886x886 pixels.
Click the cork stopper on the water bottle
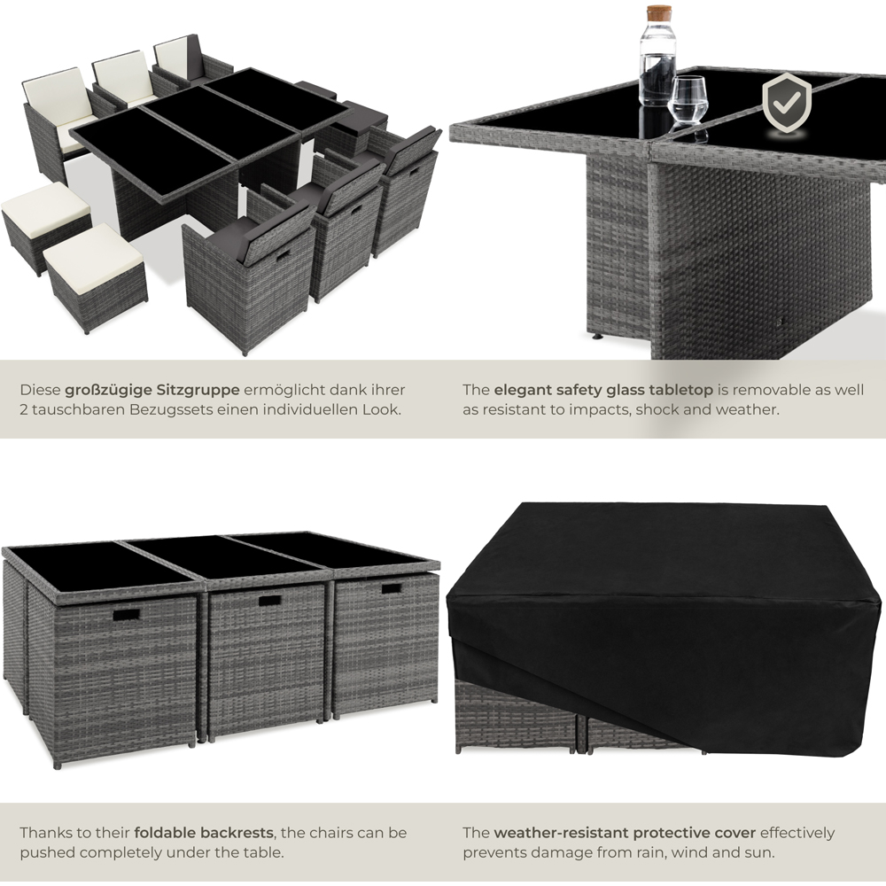click(x=658, y=13)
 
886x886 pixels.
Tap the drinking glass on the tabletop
click(x=688, y=107)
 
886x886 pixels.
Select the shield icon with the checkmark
click(x=786, y=103)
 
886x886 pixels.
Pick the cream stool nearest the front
click(x=94, y=271)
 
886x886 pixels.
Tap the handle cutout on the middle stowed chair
click(x=270, y=601)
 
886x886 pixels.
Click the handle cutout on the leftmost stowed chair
click(x=125, y=614)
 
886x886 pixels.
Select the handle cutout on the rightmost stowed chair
click(x=392, y=588)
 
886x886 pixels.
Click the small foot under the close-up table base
click(x=597, y=338)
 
